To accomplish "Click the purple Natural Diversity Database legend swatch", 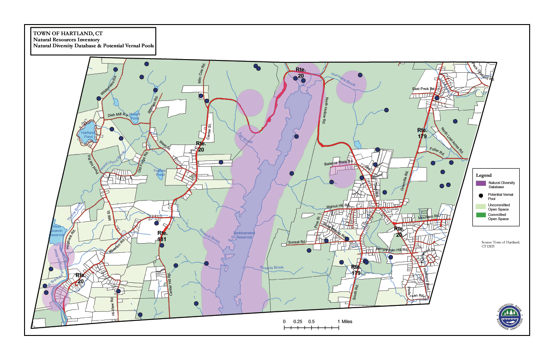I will pyautogui.click(x=482, y=183).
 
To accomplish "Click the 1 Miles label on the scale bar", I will pyautogui.click(x=345, y=321).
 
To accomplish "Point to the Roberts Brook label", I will pyautogui.click(x=272, y=268).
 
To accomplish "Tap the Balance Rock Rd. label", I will pyautogui.click(x=338, y=163).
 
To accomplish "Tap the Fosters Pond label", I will pyautogui.click(x=160, y=172).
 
